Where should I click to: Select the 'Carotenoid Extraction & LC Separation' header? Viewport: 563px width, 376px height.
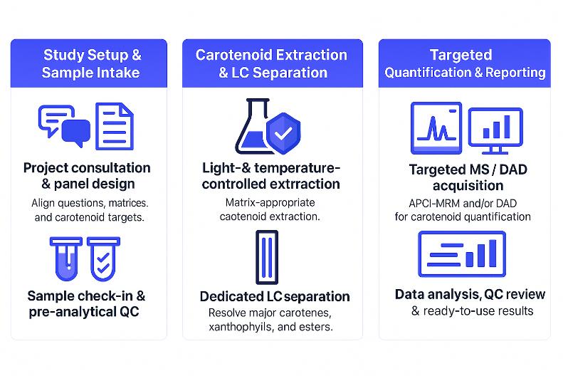click(271, 63)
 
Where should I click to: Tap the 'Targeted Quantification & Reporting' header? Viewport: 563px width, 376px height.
click(465, 63)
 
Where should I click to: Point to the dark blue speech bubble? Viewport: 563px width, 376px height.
click(75, 132)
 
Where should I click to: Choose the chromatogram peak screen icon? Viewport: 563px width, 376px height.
click(436, 129)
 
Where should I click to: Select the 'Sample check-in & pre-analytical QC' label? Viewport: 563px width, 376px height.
click(87, 303)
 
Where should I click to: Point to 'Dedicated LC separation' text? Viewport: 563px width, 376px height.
click(274, 296)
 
